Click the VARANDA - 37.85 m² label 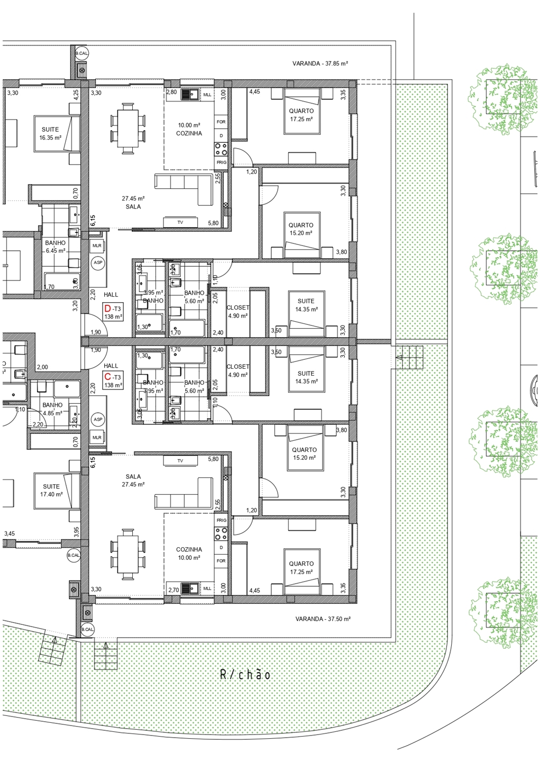tap(320, 63)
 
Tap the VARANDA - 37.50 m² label tap(323, 619)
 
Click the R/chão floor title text tap(245, 675)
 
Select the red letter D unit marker tap(108, 309)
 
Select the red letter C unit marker tap(108, 377)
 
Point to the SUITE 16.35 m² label tap(50, 133)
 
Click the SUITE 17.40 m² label tap(51, 490)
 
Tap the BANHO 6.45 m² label tap(55, 247)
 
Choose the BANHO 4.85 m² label tap(52, 409)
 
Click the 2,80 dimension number tap(171, 92)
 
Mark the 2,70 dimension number tap(173, 589)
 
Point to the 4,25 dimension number tap(76, 94)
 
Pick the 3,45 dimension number tap(10, 534)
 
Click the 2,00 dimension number tap(42, 367)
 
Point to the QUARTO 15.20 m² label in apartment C tap(304, 453)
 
